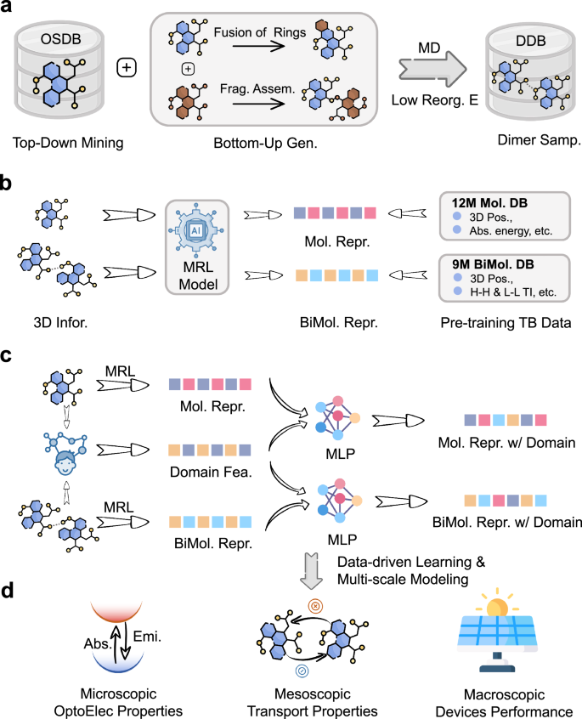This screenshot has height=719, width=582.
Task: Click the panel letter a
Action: point(10,10)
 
